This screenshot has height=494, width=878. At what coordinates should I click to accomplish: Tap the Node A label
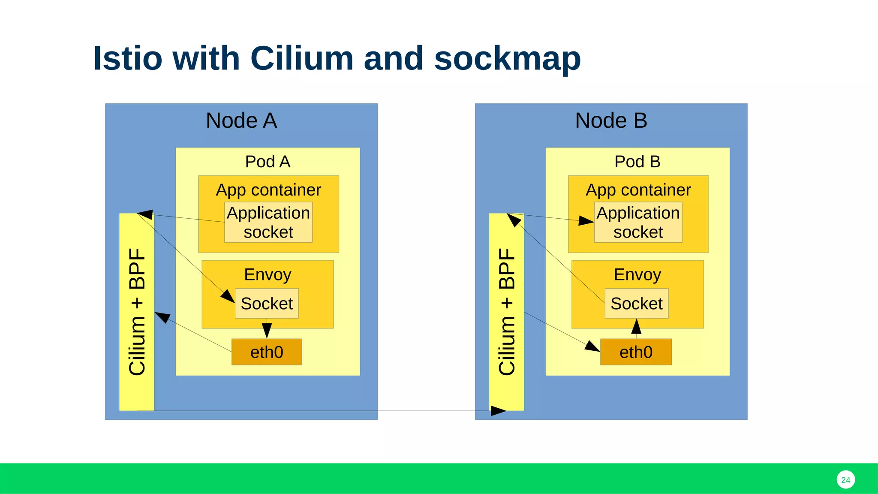pyautogui.click(x=241, y=120)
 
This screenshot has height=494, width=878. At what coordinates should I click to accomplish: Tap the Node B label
pyautogui.click(x=611, y=120)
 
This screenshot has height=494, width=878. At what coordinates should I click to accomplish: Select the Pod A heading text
pyautogui.click(x=268, y=162)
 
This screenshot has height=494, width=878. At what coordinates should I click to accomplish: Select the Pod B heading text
pyautogui.click(x=637, y=162)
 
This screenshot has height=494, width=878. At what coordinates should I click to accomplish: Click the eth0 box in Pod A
pyautogui.click(x=267, y=352)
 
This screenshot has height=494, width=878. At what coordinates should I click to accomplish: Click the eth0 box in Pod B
pyautogui.click(x=636, y=352)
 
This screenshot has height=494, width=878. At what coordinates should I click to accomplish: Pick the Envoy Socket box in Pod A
pyautogui.click(x=267, y=304)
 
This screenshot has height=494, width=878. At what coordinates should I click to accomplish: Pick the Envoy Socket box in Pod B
pyautogui.click(x=636, y=304)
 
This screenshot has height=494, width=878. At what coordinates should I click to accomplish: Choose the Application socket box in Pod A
pyautogui.click(x=268, y=223)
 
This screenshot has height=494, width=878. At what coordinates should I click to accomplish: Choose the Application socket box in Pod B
pyautogui.click(x=638, y=223)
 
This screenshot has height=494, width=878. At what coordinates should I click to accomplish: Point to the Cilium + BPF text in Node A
pyautogui.click(x=137, y=312)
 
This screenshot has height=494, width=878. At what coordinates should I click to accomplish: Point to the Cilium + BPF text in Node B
pyautogui.click(x=507, y=312)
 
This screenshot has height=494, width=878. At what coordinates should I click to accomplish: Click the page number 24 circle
pyautogui.click(x=845, y=480)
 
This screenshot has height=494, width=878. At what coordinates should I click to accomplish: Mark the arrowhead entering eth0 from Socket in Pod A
pyautogui.click(x=267, y=331)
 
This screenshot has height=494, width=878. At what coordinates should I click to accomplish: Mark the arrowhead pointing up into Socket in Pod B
pyautogui.click(x=637, y=326)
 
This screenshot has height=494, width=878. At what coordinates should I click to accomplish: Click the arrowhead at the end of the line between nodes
pyautogui.click(x=499, y=411)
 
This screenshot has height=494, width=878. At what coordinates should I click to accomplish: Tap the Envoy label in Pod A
pyautogui.click(x=268, y=274)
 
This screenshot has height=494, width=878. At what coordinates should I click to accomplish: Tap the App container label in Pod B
pyautogui.click(x=638, y=190)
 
